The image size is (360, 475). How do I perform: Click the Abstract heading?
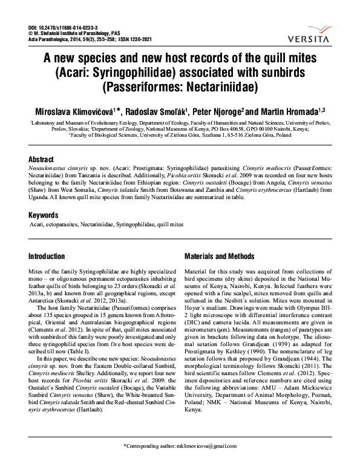(41, 159)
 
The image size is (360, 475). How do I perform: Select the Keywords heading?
(44, 215)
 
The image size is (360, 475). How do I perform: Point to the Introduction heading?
(47, 256)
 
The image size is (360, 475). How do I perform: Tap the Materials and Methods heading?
(220, 256)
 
